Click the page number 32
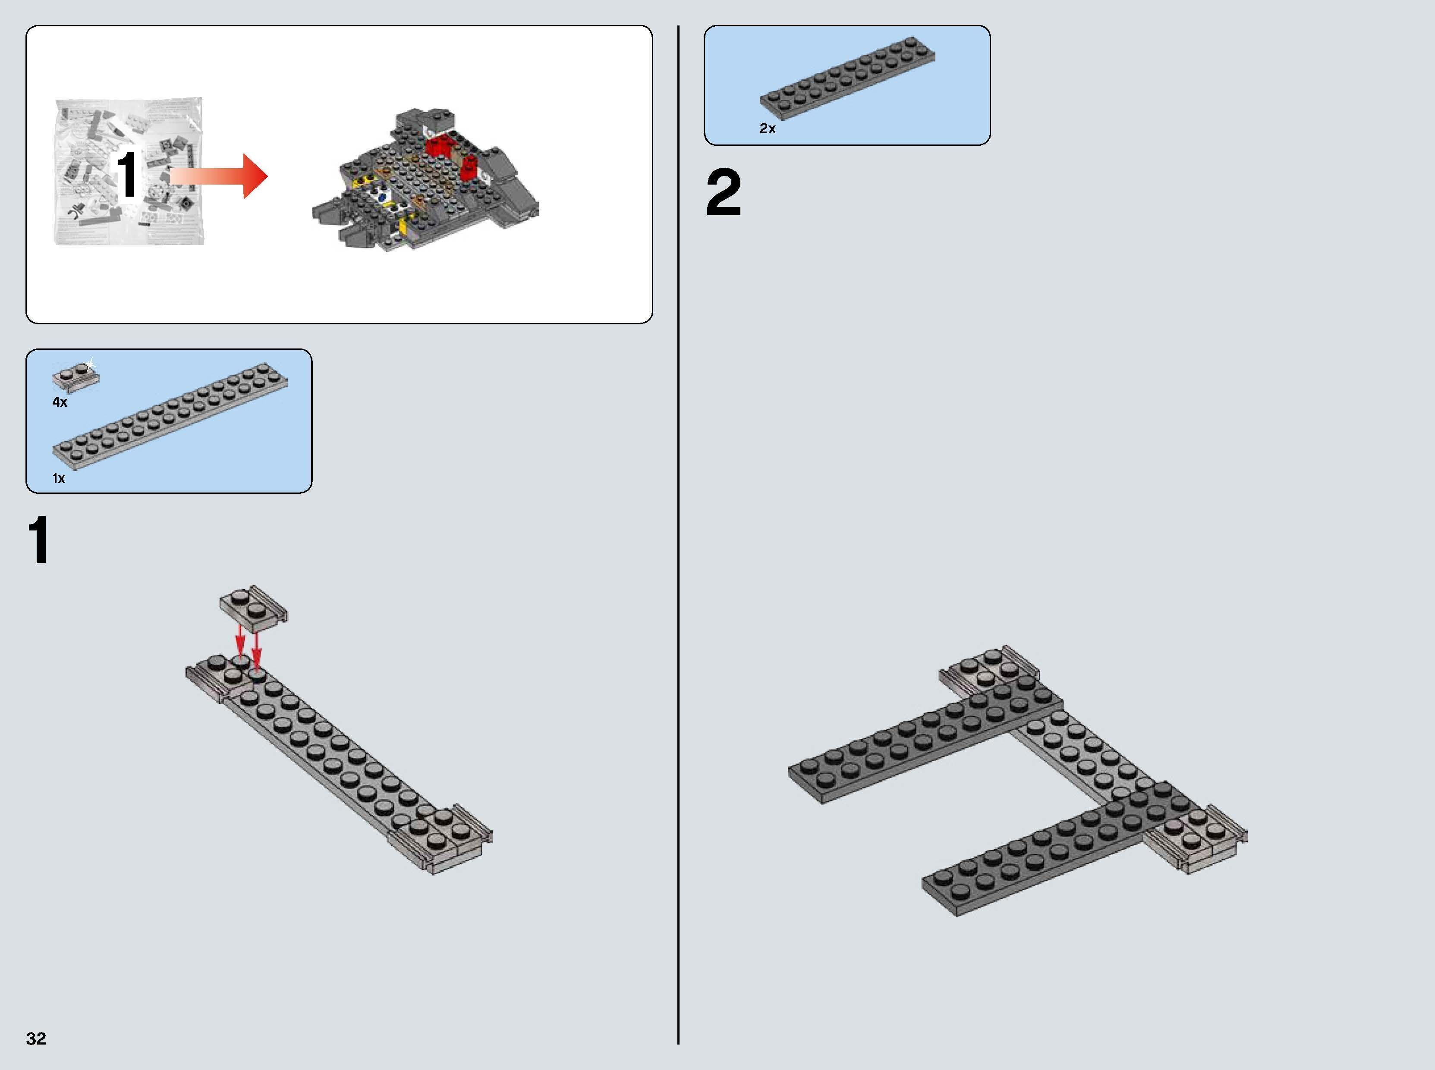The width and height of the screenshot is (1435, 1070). click(36, 1038)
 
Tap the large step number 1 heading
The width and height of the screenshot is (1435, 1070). click(39, 541)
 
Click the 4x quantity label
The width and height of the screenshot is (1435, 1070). click(60, 402)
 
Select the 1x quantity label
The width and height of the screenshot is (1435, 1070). click(59, 479)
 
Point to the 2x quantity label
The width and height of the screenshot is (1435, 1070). click(767, 129)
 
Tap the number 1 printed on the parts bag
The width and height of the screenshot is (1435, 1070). click(127, 173)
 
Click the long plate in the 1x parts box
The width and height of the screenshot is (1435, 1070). click(170, 414)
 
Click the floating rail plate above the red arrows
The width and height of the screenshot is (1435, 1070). click(253, 607)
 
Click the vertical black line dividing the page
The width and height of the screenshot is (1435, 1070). click(678, 531)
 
